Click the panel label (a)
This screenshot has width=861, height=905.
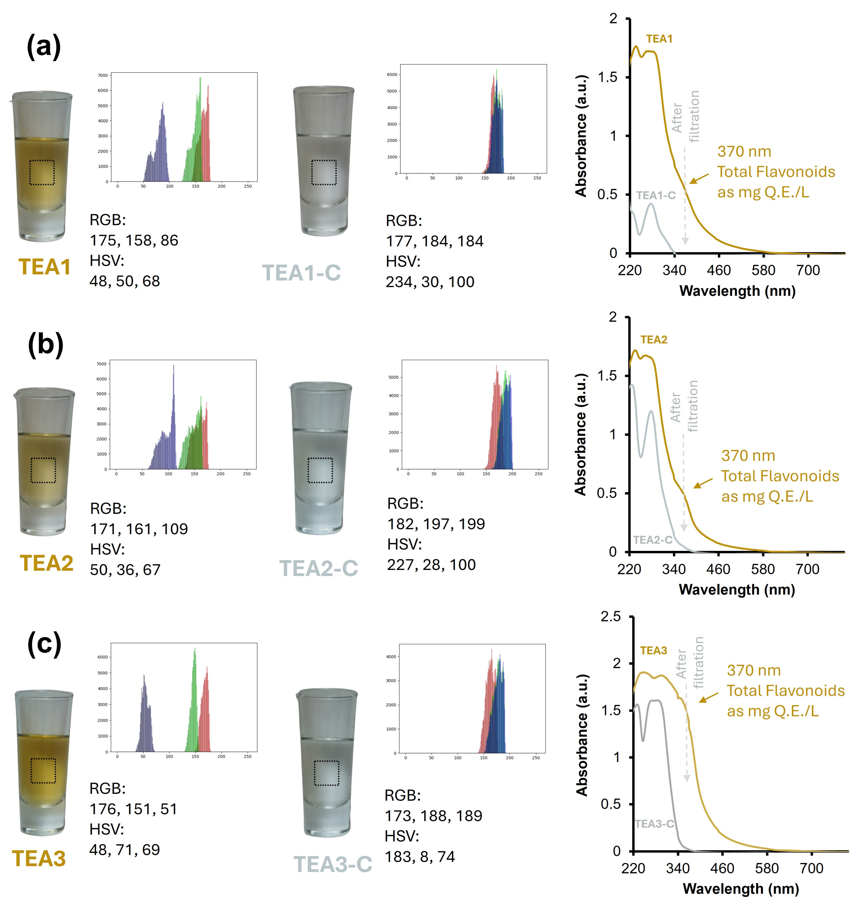[x=44, y=47]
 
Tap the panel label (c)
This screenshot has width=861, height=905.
[x=44, y=644]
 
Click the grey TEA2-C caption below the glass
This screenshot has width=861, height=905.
[x=319, y=568]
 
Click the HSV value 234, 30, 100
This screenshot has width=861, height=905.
[x=430, y=282]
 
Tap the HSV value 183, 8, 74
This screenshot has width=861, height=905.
[x=420, y=856]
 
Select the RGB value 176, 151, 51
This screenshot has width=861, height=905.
[x=133, y=809]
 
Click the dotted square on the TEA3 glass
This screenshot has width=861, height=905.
[x=43, y=771]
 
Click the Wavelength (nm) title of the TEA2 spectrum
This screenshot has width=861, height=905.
[x=737, y=589]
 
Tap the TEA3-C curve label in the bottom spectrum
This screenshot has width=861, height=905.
[x=654, y=824]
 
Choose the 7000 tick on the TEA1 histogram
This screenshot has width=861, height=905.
[x=103, y=75]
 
